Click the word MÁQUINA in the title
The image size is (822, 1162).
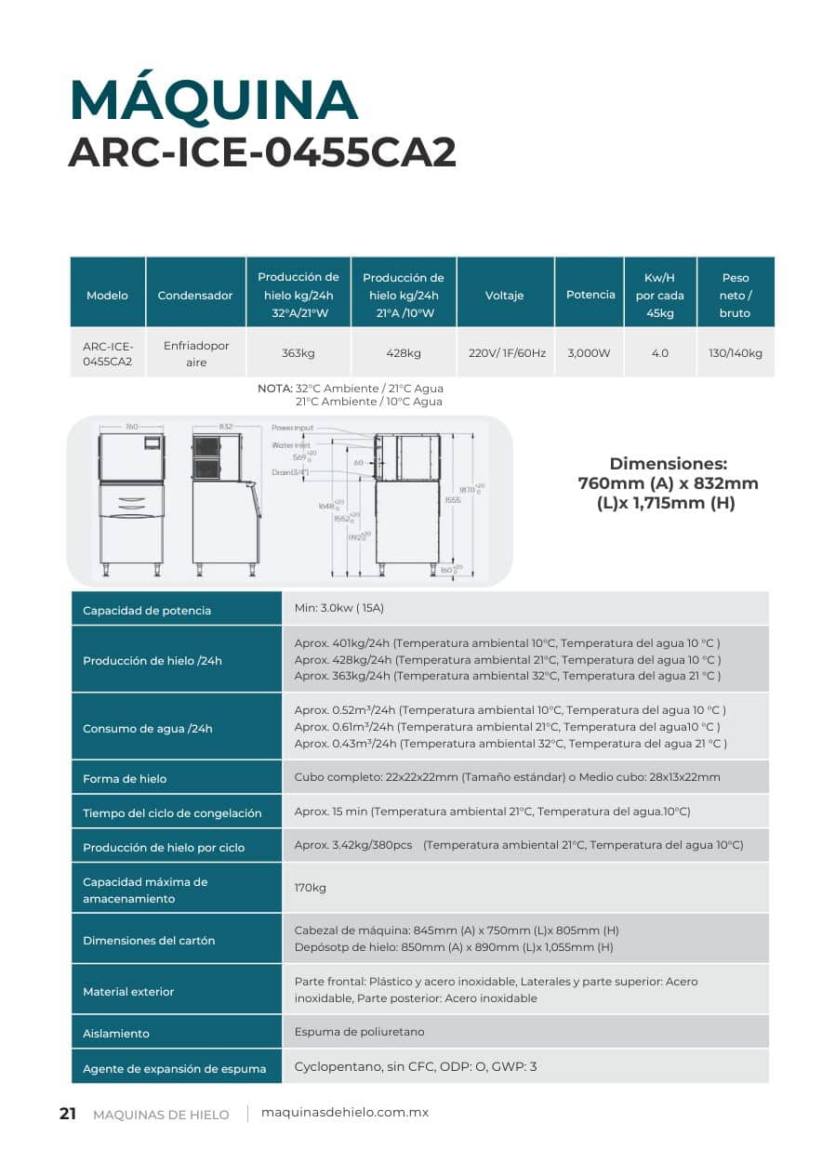point(214,100)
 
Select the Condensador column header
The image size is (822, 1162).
point(195,296)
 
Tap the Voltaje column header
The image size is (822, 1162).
point(504,296)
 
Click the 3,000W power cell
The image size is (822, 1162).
point(589,353)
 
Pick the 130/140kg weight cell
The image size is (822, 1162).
point(735,353)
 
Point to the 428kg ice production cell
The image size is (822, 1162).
point(403,353)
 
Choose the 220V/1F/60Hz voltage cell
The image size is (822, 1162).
point(505,353)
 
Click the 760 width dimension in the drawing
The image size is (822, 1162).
point(131,427)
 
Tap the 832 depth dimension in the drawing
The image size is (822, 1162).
point(225,427)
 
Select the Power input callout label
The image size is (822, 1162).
point(293,428)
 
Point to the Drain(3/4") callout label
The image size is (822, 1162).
point(290,472)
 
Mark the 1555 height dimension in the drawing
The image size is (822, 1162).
point(453,500)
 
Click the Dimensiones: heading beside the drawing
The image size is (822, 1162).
point(668,463)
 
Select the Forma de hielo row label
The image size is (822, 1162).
point(125,778)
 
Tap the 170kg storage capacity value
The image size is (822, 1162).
point(310,888)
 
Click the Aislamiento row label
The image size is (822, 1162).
point(116,1033)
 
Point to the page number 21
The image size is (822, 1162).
point(68,1114)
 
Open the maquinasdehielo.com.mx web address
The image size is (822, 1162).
point(345,1113)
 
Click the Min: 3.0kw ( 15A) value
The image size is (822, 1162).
point(338,608)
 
